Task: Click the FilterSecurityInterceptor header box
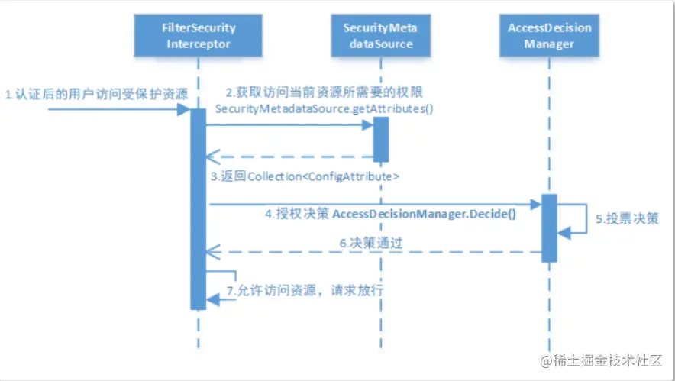coord(197,36)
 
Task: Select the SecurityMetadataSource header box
coord(379,36)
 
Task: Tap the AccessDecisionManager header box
coord(550,36)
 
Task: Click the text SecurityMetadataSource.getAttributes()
coord(324,109)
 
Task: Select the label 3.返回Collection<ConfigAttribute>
coord(305,176)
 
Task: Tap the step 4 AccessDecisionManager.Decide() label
coord(390,215)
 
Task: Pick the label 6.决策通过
coord(371,243)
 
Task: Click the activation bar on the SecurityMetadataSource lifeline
coord(380,138)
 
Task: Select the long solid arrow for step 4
coord(374,204)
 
